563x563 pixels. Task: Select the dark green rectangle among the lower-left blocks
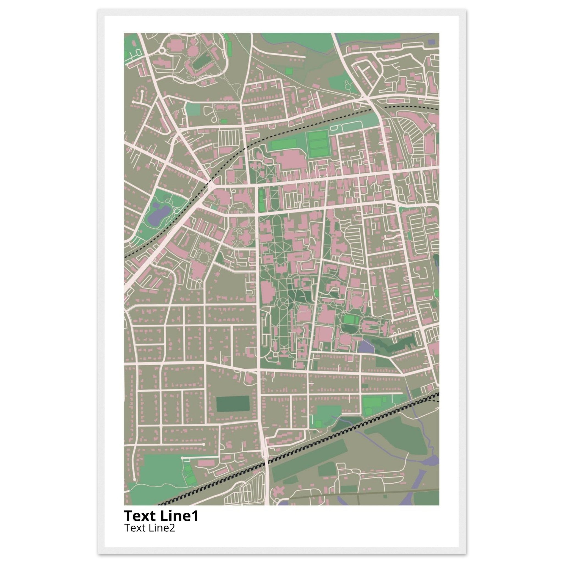pyautogui.click(x=233, y=404)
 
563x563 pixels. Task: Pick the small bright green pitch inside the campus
pyautogui.click(x=349, y=319)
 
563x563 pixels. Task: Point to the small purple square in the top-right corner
pyautogui.click(x=431, y=42)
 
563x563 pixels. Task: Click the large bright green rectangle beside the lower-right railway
pyautogui.click(x=372, y=403)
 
